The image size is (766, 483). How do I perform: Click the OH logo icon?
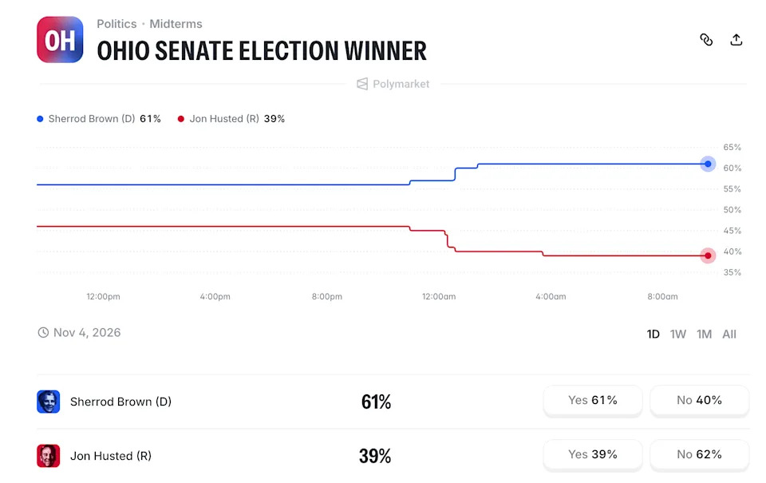pos(60,40)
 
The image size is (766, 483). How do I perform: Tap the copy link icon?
pos(706,40)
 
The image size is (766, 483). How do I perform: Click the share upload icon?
pos(736,40)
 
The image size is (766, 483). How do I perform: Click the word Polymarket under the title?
pos(401,84)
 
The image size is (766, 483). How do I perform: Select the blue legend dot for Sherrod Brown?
pos(40,119)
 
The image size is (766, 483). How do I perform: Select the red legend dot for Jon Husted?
pos(181,119)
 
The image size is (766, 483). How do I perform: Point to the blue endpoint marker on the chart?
pos(708,164)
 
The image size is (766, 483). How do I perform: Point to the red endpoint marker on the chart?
pos(708,255)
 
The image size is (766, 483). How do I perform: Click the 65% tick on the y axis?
pos(732,147)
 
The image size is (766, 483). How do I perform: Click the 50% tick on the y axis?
pos(732,210)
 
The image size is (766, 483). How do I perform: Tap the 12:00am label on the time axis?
pos(439,296)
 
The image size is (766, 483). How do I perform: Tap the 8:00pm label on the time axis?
pos(327,296)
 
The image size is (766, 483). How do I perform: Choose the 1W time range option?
pos(678,334)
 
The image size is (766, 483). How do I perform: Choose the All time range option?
pos(728,334)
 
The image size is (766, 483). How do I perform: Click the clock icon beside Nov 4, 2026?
pos(43,332)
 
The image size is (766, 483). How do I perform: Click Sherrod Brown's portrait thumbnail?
pos(49,402)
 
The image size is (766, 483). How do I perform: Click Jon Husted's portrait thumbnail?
pos(49,456)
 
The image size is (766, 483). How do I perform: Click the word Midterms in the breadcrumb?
pos(176,24)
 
